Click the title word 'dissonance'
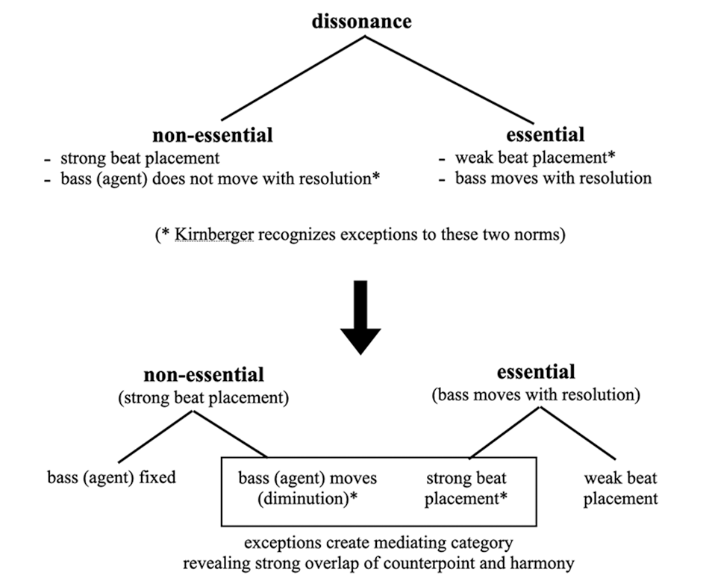coord(362,21)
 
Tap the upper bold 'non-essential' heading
coord(213,135)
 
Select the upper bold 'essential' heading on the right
coord(546,134)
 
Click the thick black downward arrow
coord(360,317)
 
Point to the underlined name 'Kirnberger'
coord(214,235)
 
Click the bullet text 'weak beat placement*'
coord(535,158)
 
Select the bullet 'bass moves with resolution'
coord(554,178)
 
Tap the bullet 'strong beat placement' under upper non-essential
coord(140,158)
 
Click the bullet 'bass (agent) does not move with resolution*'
coord(220,178)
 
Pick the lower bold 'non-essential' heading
coord(204,375)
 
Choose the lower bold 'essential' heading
coord(537,372)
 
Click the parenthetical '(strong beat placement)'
coord(204,398)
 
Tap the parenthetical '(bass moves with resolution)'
coord(537,395)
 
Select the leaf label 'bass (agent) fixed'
coord(112,477)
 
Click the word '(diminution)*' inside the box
coord(308,498)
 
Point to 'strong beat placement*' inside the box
coord(466,488)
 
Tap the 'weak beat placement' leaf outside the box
coord(620,488)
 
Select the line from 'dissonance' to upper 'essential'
coord(449,79)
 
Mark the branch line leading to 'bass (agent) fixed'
coord(157,437)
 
